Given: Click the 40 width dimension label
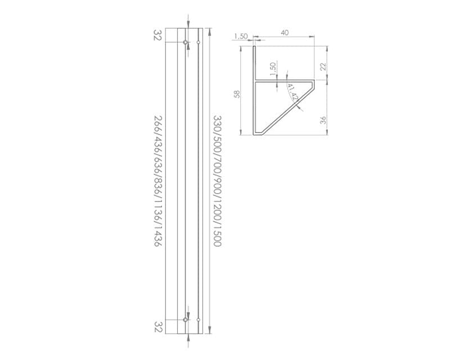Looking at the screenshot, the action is [x=285, y=33].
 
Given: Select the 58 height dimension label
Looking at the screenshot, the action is [x=237, y=94].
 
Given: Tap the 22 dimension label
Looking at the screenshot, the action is [x=323, y=66].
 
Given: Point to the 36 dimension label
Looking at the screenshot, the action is [x=323, y=120].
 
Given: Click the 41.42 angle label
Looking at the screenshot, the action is [x=292, y=92].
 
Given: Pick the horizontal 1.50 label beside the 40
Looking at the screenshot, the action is [x=241, y=37].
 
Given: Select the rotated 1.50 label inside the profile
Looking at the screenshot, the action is [x=273, y=69].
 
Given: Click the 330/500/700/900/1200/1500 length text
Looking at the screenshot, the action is [x=217, y=181].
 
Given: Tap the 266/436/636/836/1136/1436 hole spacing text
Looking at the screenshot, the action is [x=158, y=181].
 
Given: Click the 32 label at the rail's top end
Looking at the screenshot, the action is [x=158, y=35].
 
